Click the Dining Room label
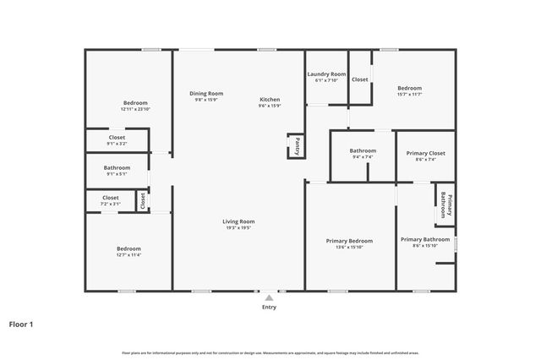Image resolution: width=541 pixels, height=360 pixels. click(206, 93)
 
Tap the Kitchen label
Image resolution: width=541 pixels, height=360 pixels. click(270, 100)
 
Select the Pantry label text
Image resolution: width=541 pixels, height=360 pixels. click(297, 146)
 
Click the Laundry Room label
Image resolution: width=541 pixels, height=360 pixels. click(325, 74)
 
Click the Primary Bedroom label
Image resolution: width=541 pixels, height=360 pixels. click(349, 240)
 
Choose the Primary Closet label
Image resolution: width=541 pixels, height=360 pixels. click(425, 153)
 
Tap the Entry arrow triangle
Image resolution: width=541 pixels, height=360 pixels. click(269, 297)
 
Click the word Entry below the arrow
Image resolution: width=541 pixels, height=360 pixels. click(269, 307)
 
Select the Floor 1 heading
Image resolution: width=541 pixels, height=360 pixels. click(21, 324)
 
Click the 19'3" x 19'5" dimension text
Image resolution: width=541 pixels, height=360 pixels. click(238, 228)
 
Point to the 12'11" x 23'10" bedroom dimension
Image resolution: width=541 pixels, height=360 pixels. click(135, 109)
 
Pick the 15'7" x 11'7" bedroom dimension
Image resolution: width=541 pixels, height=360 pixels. click(409, 95)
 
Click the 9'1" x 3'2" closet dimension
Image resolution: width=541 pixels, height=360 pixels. click(117, 144)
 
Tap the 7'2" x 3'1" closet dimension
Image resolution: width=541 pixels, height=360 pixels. click(111, 204)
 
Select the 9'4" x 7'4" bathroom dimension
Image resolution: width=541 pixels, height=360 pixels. click(362, 157)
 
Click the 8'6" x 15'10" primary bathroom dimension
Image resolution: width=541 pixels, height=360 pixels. click(425, 246)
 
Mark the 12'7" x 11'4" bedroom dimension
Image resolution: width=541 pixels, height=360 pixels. click(128, 254)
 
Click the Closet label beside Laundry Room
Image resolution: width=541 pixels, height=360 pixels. click(360, 79)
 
